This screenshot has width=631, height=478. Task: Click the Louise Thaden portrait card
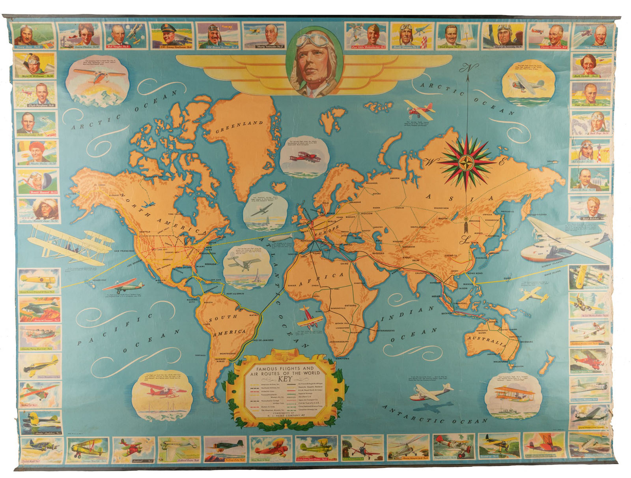tap(78, 36)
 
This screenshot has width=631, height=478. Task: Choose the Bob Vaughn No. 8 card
tap(125, 36)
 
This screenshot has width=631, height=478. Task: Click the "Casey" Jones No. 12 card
tap(33, 36)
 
